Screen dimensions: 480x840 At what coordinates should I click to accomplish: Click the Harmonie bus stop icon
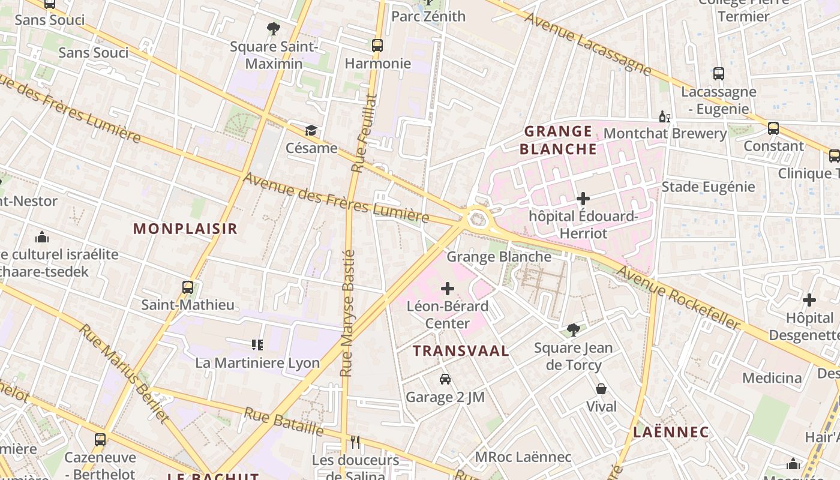[377, 45]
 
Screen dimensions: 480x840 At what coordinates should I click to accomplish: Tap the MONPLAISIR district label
[185, 229]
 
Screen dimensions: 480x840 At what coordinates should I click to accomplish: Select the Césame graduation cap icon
[311, 130]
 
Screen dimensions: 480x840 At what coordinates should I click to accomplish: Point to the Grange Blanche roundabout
[477, 218]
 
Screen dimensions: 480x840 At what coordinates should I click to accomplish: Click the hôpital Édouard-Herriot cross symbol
[583, 199]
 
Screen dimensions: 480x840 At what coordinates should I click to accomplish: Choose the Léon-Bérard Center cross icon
[448, 289]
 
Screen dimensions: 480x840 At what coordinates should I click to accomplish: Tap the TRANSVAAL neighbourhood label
[461, 351]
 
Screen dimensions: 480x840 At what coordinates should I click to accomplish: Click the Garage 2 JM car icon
[445, 379]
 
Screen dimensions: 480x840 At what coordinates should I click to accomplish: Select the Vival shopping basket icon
[601, 389]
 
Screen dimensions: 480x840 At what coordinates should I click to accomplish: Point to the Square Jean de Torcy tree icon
[574, 329]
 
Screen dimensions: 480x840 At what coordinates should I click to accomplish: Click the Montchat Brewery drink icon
[665, 117]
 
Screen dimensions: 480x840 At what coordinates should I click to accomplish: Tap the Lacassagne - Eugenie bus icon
[719, 74]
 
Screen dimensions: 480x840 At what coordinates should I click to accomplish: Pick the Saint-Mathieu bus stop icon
[188, 287]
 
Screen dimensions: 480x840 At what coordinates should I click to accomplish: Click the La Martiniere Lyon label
[257, 363]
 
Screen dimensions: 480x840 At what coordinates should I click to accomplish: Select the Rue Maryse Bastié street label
[348, 313]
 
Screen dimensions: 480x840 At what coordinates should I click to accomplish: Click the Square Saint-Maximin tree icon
[274, 28]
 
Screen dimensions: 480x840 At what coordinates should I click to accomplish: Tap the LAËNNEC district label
[671, 432]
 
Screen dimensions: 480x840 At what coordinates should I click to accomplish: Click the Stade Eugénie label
[708, 187]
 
